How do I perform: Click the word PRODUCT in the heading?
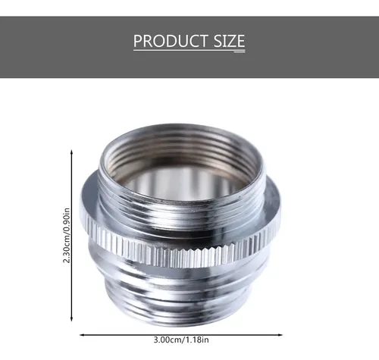coord(171,41)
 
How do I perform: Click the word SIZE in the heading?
coord(229,41)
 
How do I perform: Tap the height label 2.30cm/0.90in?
coord(66,236)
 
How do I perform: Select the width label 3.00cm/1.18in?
coord(181,340)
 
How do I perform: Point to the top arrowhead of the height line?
coord(71,152)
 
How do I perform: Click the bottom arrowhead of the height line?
coord(71,319)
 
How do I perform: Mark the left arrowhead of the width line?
coord(82,335)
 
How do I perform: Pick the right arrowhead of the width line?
coord(280,335)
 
